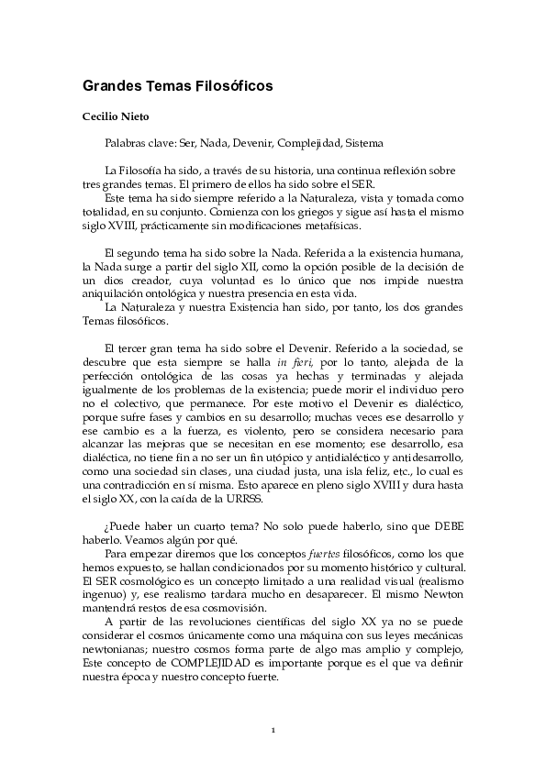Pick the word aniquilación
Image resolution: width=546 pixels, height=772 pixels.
(x=116, y=292)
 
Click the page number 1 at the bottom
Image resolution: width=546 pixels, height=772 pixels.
(x=273, y=731)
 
